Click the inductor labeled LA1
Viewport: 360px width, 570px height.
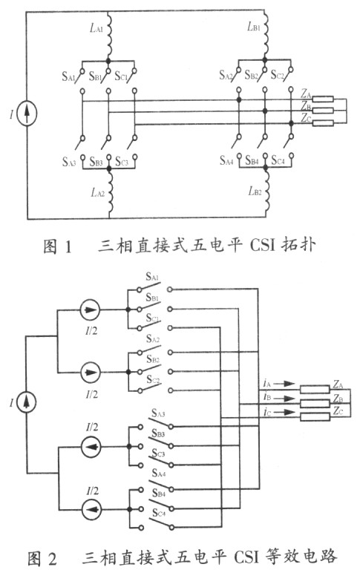coord(109,35)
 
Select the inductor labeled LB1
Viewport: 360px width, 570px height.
coord(266,34)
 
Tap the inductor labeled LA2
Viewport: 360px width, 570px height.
coord(110,193)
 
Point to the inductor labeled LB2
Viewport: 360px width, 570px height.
coord(266,191)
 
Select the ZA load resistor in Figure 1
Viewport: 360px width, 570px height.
coord(323,99)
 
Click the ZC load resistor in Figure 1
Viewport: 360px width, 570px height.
coord(323,123)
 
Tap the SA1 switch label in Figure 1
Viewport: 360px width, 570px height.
coord(68,76)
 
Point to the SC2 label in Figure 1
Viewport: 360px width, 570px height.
coord(278,75)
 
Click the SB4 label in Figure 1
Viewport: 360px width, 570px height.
coord(252,160)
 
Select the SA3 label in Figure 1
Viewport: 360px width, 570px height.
coord(69,161)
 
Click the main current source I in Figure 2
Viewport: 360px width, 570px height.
coord(27,402)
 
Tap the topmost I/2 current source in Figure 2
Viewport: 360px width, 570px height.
coord(90,309)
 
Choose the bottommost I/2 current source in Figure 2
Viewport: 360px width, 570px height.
coord(91,510)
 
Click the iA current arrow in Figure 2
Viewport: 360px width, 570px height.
coord(284,384)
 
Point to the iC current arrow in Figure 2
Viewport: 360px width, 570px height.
coord(284,412)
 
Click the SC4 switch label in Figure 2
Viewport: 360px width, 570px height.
coord(159,513)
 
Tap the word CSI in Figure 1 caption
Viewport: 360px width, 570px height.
coord(261,246)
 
